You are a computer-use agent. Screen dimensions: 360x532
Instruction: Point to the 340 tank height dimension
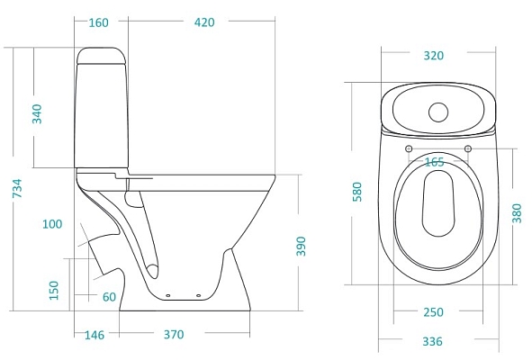(x=38, y=114)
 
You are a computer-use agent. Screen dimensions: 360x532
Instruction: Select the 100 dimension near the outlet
(x=52, y=223)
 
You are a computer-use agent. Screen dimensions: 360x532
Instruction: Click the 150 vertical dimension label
(x=53, y=290)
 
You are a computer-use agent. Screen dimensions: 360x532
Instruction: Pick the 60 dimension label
(x=108, y=297)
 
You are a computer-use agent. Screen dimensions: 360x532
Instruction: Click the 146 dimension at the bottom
(x=94, y=335)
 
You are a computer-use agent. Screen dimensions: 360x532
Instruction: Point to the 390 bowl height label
(x=301, y=247)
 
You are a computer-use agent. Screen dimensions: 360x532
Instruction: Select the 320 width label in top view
(x=433, y=56)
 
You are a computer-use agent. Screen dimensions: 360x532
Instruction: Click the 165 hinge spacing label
(x=434, y=162)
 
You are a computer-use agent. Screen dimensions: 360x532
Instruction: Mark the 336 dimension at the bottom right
(x=434, y=341)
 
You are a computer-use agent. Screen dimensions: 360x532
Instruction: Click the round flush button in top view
(x=438, y=112)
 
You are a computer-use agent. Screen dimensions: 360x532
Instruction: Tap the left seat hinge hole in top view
(x=409, y=148)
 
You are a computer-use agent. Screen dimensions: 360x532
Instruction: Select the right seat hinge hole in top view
(x=468, y=148)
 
